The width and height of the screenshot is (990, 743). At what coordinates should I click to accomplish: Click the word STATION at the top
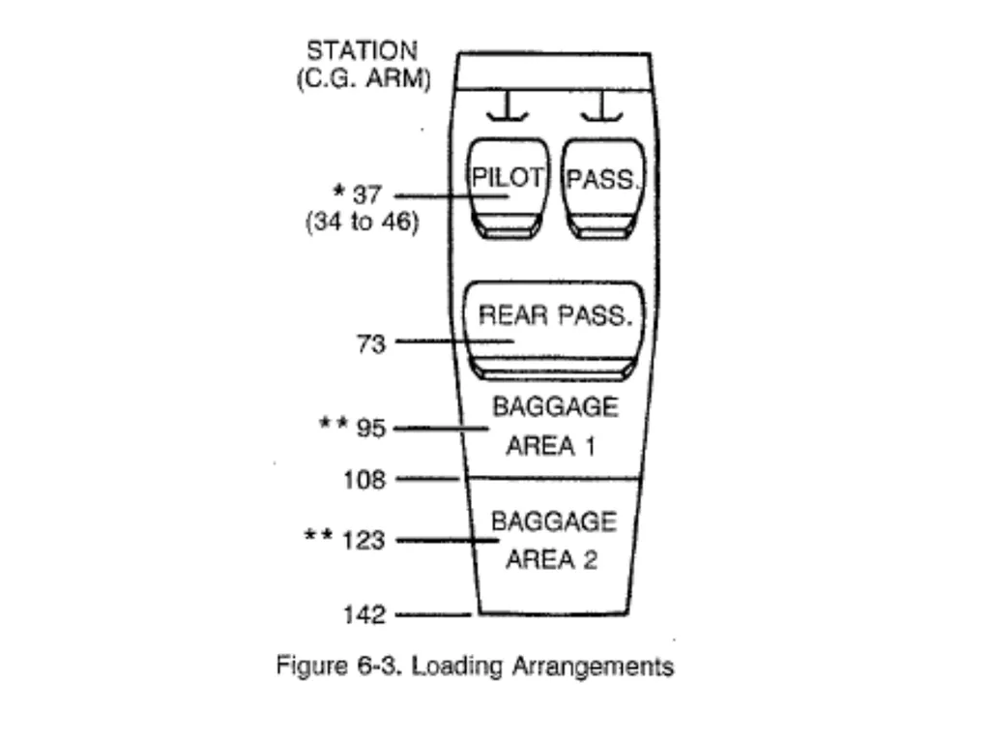[x=362, y=50]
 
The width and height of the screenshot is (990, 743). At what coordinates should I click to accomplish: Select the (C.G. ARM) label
[x=364, y=79]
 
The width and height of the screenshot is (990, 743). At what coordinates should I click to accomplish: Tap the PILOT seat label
[x=507, y=178]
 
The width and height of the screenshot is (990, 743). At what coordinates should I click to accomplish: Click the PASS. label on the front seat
[x=603, y=179]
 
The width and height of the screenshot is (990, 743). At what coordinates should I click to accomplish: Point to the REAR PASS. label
[x=555, y=314]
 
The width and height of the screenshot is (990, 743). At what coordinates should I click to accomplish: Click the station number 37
[x=366, y=194]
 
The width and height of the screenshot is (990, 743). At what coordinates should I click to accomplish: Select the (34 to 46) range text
[x=362, y=223]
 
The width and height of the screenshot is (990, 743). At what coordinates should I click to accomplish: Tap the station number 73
[x=370, y=344]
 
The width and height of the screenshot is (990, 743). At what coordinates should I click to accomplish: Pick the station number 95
[x=370, y=429]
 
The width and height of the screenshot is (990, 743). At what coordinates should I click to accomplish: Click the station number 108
[x=364, y=480]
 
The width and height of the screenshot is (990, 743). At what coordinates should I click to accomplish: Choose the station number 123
[x=364, y=541]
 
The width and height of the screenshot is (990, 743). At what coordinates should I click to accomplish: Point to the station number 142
[x=364, y=614]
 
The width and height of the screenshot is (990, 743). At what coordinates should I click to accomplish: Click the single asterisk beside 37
[x=339, y=190]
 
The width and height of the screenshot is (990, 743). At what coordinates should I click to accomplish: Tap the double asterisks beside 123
[x=318, y=536]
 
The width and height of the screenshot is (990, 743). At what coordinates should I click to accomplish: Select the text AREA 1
[x=550, y=446]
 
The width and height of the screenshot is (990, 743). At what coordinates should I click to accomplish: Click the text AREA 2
[x=551, y=560]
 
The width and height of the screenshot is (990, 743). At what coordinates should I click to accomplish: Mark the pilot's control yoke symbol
[x=507, y=106]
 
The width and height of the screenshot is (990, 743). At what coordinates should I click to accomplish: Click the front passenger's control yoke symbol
[x=601, y=106]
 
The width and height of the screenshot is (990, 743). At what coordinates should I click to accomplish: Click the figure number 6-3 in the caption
[x=379, y=666]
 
